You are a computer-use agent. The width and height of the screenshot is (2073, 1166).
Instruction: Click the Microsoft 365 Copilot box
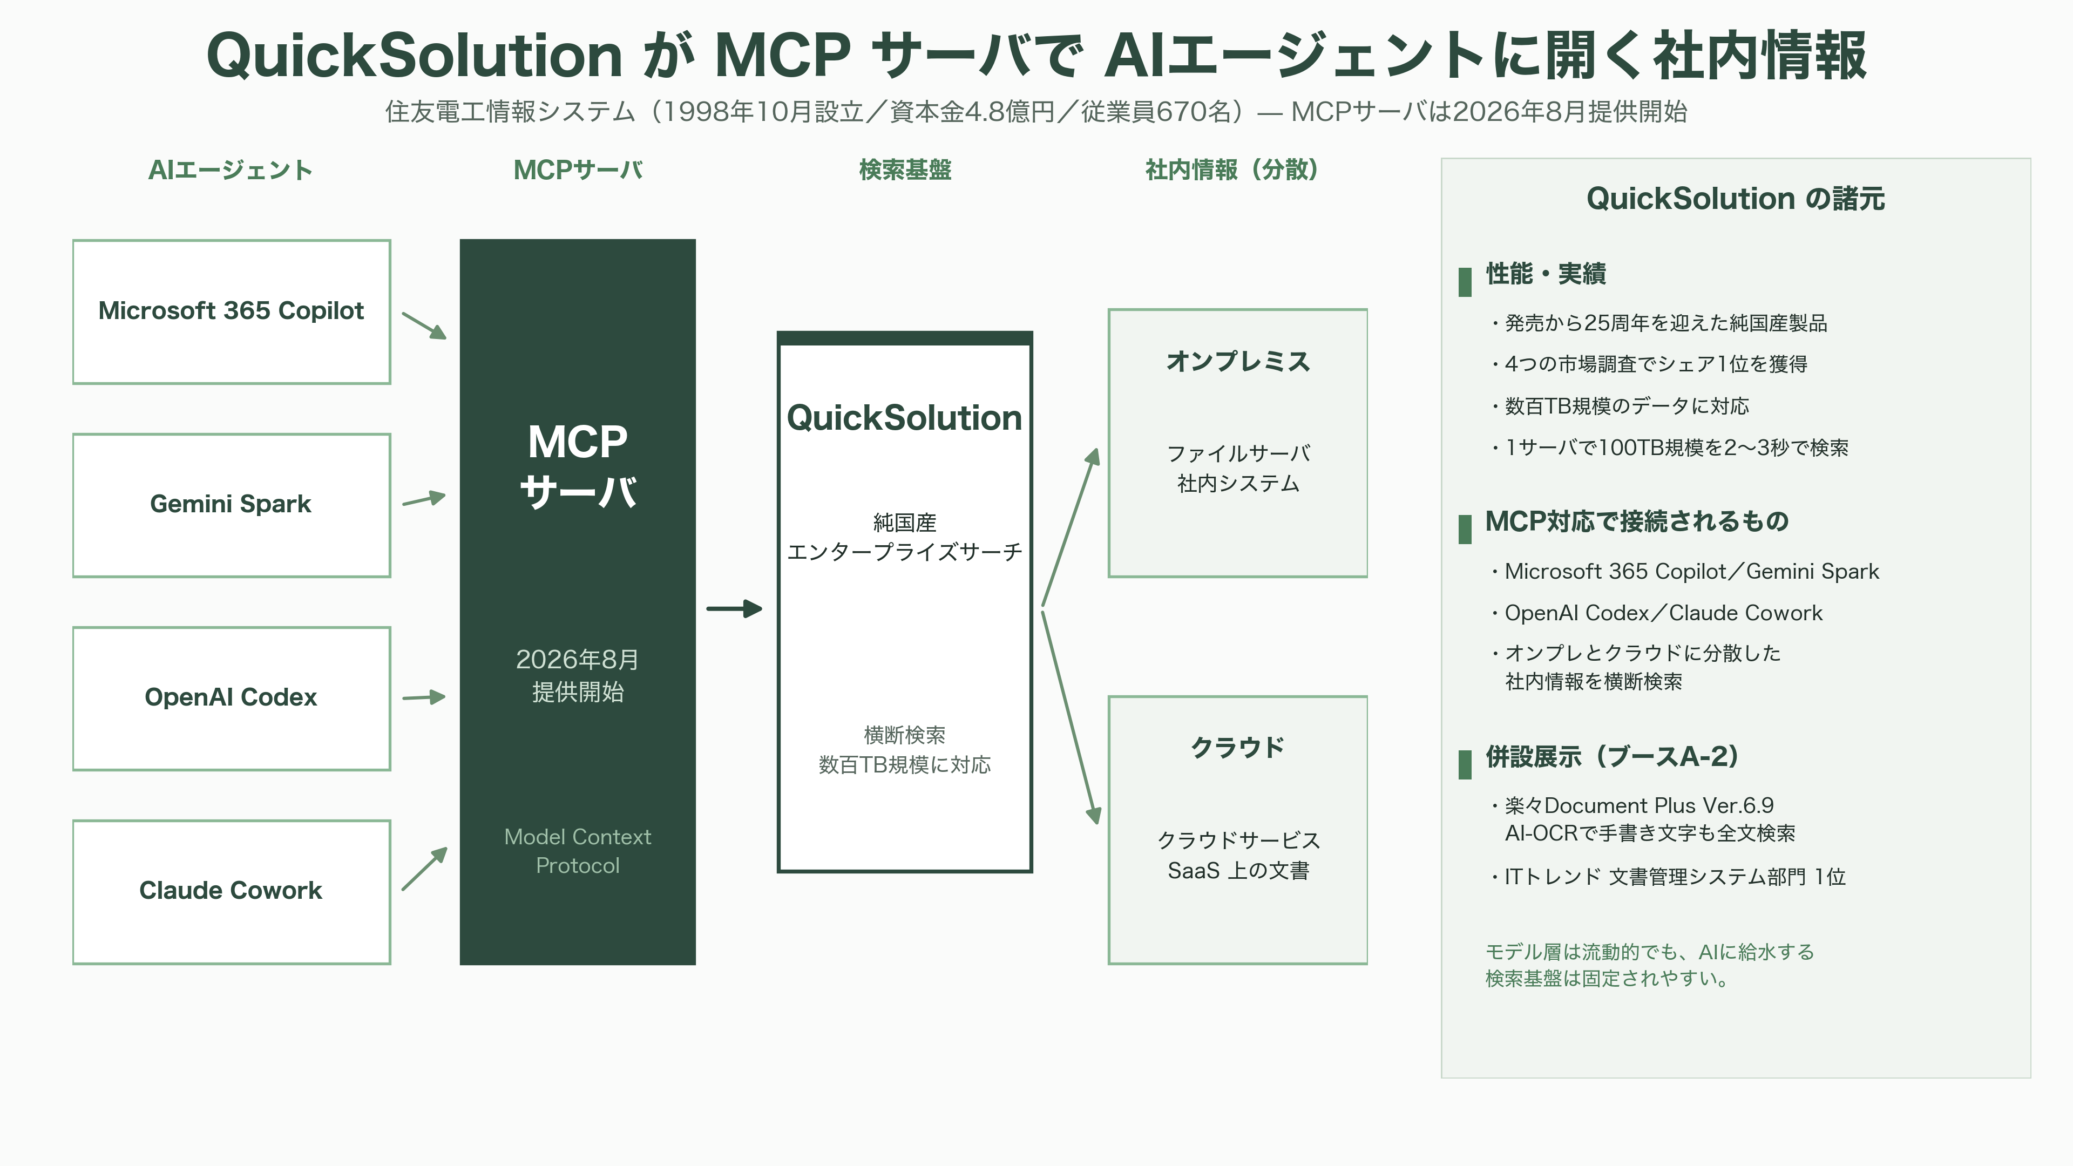232,311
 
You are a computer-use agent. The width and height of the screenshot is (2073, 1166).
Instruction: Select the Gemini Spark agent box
232,505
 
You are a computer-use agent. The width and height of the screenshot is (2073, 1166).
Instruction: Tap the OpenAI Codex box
232,699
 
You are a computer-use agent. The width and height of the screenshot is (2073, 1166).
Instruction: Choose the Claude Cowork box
232,892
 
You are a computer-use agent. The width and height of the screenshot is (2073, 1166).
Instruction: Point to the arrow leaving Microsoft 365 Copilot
424,325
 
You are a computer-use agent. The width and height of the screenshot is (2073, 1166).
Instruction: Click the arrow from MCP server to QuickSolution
734,608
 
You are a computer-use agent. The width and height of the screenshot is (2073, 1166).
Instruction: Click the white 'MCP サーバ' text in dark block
578,466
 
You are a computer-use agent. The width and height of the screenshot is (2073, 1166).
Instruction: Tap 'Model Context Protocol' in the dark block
578,851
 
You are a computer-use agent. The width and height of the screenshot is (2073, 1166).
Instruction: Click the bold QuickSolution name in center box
905,418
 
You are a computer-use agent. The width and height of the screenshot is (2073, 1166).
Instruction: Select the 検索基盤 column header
905,170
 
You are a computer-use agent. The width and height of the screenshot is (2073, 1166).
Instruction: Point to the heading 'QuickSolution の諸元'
1736,198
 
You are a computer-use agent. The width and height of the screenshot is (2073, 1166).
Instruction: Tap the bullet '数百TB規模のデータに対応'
1621,405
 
